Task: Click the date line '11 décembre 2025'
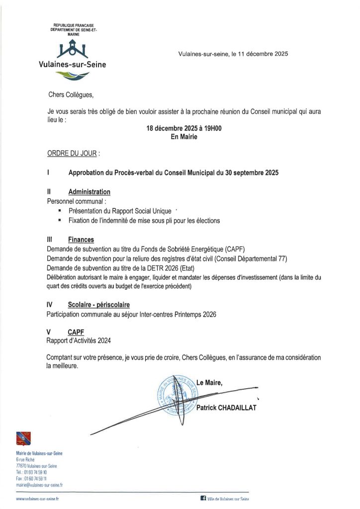click(263, 54)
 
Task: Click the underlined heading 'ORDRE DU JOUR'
click(72, 154)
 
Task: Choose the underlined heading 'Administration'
click(90, 191)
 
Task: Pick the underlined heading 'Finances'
click(81, 239)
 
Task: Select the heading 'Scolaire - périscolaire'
click(101, 304)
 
